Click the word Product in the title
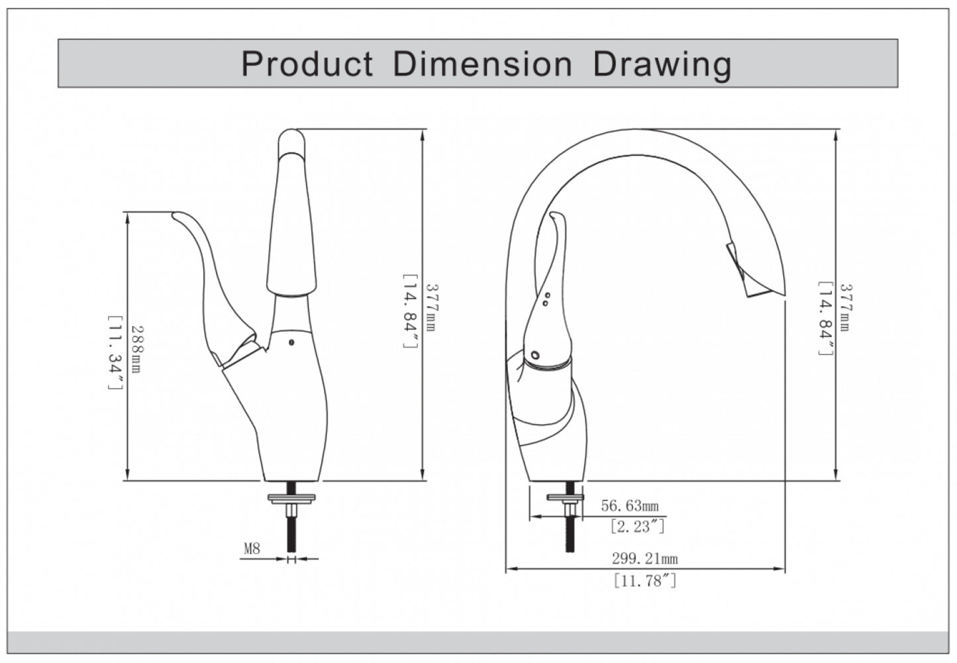point(307,64)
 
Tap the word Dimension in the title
point(482,64)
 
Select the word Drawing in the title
point(662,64)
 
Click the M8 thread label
point(252,548)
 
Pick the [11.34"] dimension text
point(114,352)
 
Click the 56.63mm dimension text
point(630,506)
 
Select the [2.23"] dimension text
point(636,527)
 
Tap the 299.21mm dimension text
point(644,559)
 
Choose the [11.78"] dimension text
point(644,582)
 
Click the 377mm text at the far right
point(845,307)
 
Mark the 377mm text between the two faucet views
point(430,307)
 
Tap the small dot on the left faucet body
point(291,342)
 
